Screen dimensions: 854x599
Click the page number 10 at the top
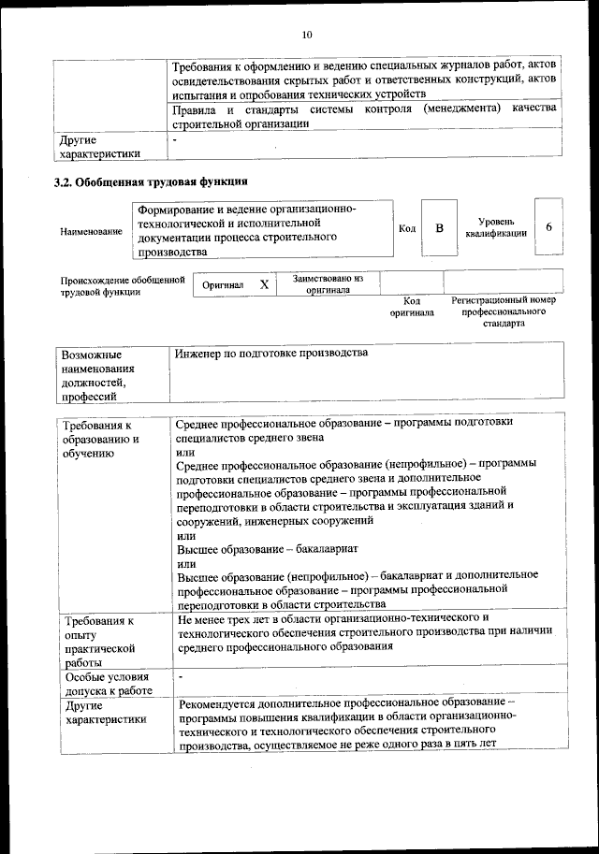point(307,35)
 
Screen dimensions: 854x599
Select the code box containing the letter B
point(438,228)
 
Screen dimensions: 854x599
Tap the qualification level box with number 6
point(548,228)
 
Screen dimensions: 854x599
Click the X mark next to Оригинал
point(265,284)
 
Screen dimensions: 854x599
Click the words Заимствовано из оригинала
point(328,284)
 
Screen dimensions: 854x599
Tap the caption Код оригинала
point(412,307)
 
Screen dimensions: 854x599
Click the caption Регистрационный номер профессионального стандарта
point(504,311)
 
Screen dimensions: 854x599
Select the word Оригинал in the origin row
point(223,285)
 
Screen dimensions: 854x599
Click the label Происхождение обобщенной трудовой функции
point(122,285)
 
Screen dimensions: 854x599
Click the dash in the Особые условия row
point(181,675)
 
